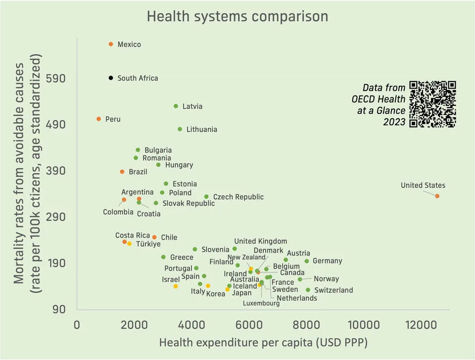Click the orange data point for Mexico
pos(111,45)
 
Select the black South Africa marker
pos(111,78)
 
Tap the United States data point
pos(437,196)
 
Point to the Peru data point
pos(99,119)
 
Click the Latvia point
pos(176,106)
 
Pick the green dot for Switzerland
pos(308,290)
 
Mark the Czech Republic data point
pos(206,197)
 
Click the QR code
pos(432,104)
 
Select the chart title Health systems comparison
pos(237,16)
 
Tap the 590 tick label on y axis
pos(55,79)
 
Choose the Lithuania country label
pos(201,130)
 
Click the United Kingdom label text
pos(260,241)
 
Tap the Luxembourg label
pos(261,303)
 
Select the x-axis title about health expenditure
pos(263,342)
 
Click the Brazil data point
pos(122,172)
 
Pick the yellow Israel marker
pos(175,286)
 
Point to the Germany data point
pos(307,261)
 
